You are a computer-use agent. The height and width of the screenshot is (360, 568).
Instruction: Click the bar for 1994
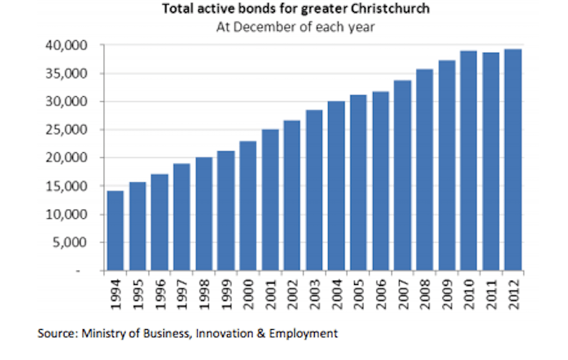pos(115,231)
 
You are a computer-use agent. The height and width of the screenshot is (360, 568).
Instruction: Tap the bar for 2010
pos(468,161)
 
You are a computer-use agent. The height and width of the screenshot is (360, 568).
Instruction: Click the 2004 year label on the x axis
pos(336,292)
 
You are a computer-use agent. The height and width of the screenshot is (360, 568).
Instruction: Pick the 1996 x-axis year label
pos(159,292)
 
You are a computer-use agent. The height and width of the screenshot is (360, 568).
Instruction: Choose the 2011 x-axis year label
pos(490,292)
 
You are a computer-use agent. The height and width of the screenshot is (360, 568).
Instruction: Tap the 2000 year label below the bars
pos(248,292)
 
